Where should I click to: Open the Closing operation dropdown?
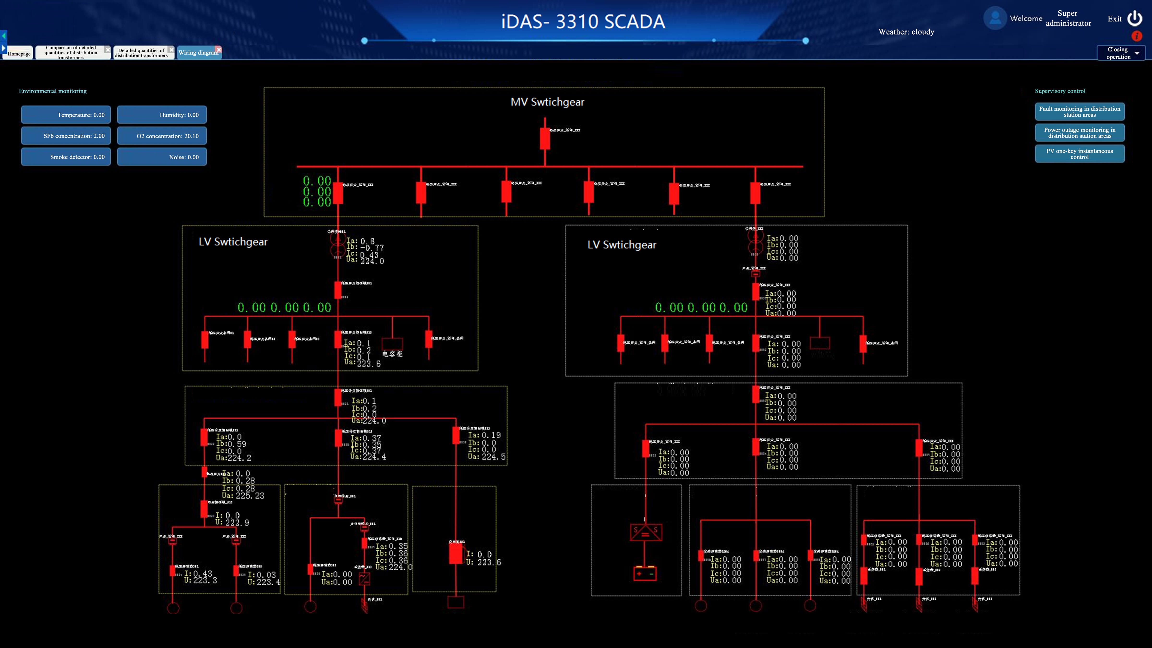(1121, 53)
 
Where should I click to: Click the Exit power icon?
(1134, 18)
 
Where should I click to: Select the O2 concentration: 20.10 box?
(162, 136)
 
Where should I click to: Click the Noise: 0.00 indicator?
(162, 157)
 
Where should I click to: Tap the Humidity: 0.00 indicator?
(162, 115)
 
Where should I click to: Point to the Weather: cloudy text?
(906, 32)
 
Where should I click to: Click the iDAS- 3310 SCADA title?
(583, 21)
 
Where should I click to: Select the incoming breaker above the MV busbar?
(545, 138)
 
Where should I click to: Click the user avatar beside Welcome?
(995, 18)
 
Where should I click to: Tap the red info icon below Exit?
(1136, 36)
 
